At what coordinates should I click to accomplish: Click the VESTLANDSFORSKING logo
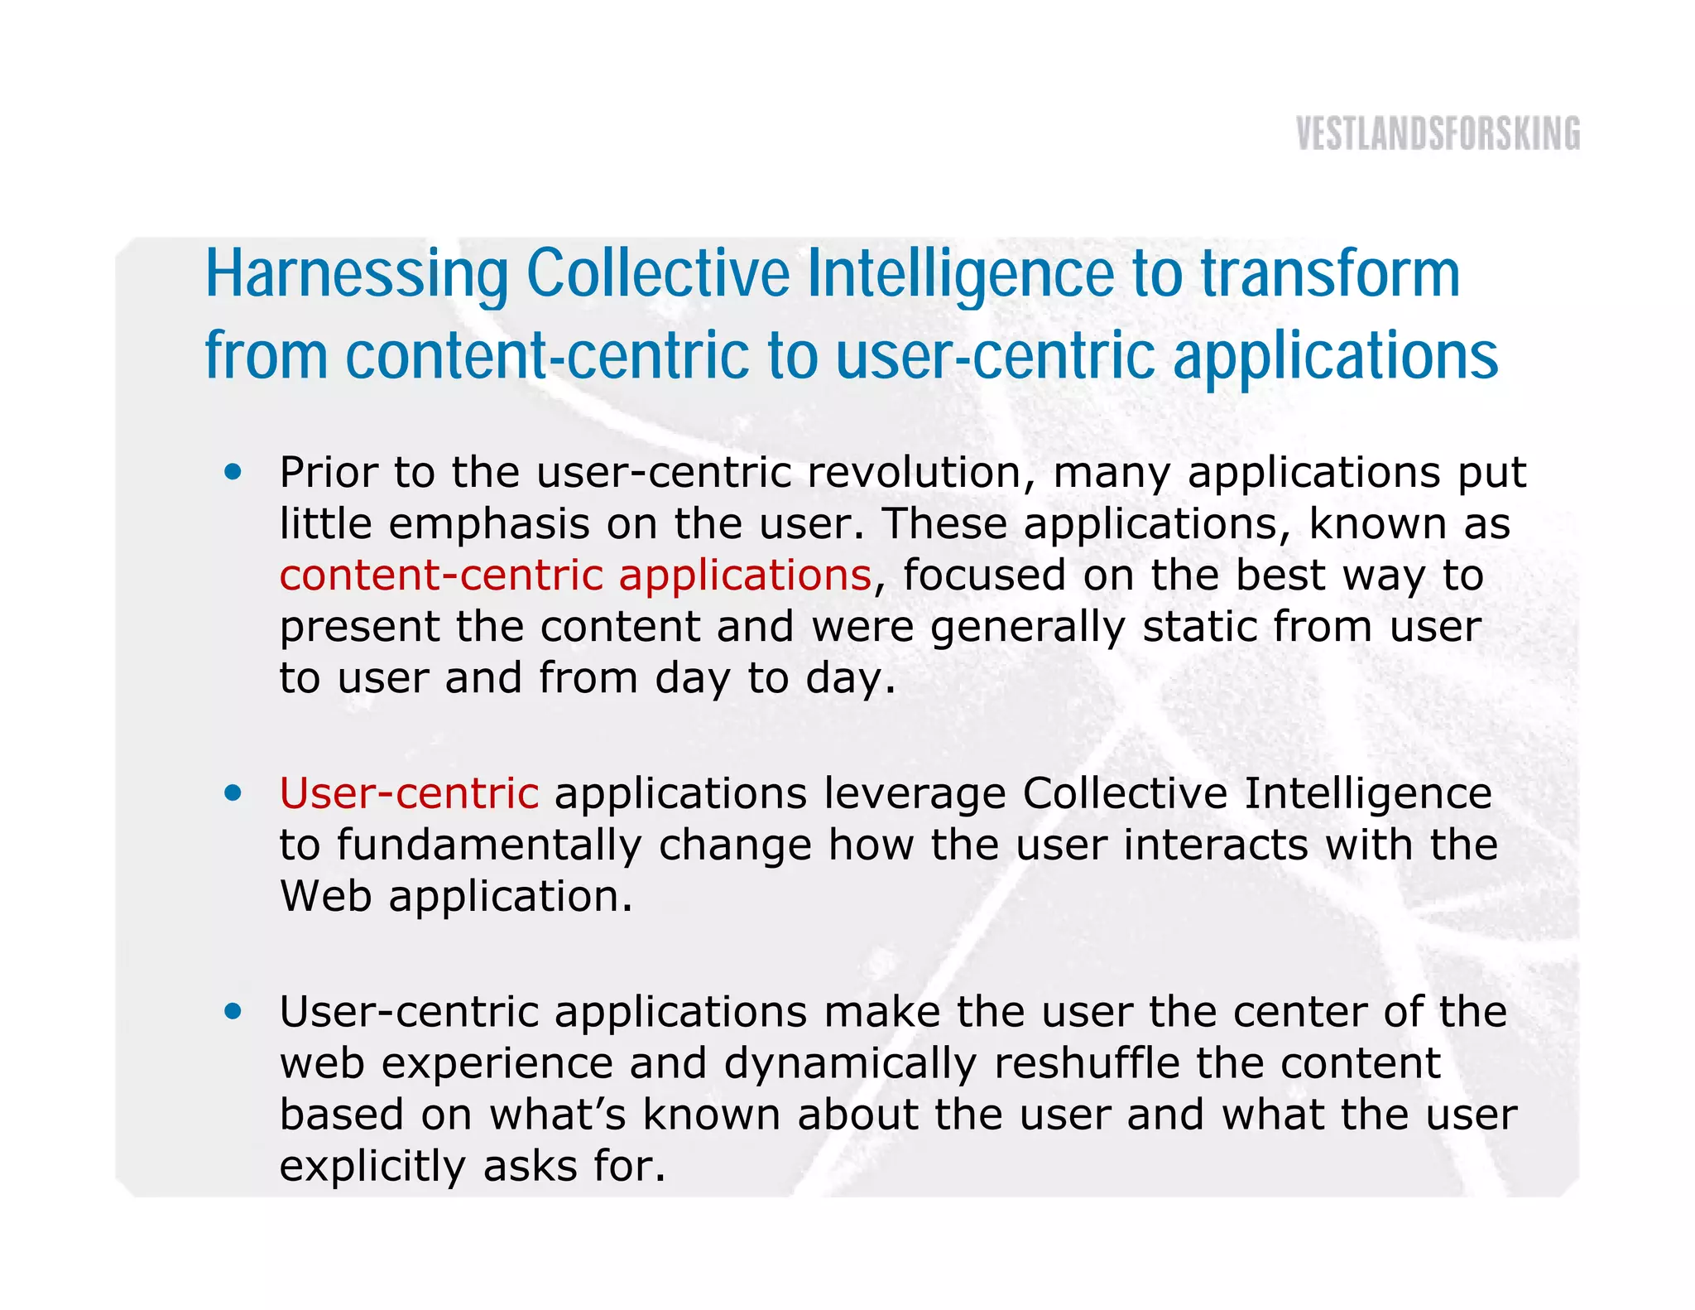coord(1438,134)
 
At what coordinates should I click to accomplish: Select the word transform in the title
coord(1330,275)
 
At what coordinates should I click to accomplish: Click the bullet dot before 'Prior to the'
coord(233,472)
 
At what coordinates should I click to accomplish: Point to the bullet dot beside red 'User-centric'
coord(233,793)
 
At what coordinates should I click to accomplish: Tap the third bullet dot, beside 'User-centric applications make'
coord(233,1011)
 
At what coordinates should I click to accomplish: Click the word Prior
coord(329,473)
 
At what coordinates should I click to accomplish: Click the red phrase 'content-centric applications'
coord(575,576)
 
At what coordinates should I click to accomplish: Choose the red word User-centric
coord(409,793)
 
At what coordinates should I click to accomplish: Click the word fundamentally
coord(489,846)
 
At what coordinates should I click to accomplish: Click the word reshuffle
coord(1087,1063)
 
